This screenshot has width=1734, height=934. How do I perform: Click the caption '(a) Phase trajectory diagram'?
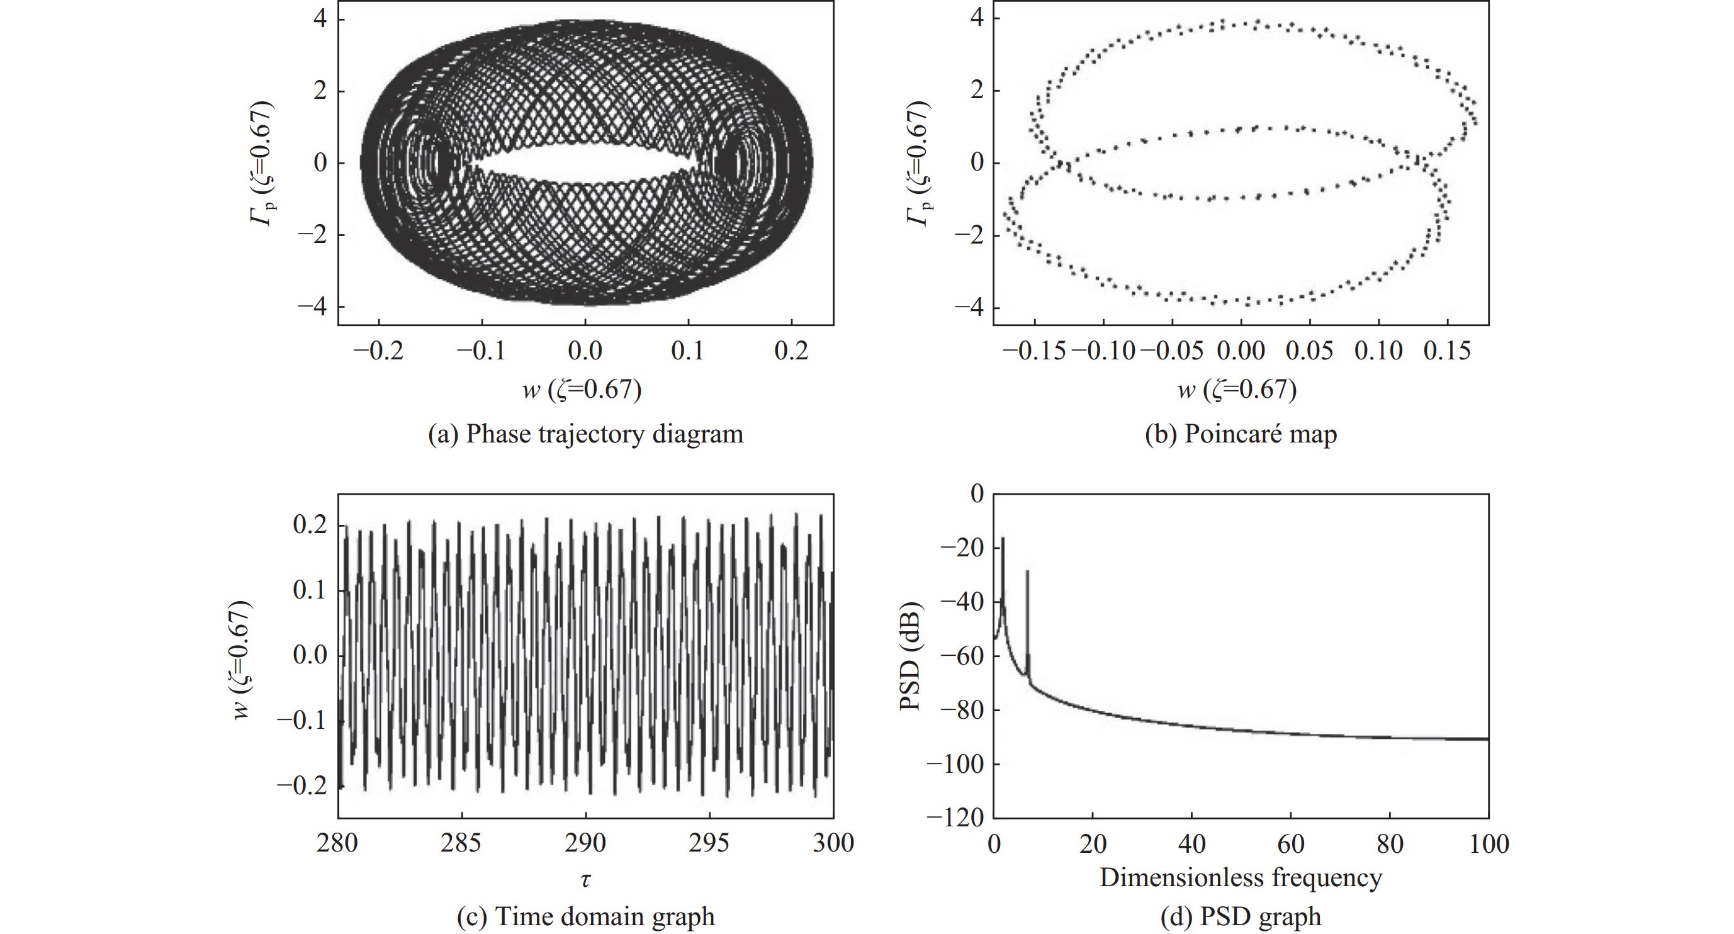585,434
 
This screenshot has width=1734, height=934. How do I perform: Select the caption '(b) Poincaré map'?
1241,434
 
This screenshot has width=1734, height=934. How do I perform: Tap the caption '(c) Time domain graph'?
585,916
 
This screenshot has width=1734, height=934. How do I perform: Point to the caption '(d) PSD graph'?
1241,916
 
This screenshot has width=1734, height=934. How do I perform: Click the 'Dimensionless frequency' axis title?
1241,877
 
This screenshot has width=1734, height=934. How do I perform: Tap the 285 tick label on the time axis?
462,843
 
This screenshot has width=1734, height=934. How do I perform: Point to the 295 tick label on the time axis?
709,843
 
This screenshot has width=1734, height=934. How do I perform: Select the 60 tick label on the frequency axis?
1290,843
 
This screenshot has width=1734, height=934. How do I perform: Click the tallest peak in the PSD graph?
1003,538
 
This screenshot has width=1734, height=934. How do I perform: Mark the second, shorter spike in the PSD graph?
1027,572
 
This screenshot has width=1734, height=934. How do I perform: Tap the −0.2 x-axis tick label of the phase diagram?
378,350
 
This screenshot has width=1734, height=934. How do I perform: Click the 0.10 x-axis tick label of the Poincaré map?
1378,350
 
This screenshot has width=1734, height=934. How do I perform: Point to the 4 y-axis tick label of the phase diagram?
320,19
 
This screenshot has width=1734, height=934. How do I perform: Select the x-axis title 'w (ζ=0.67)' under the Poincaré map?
1241,390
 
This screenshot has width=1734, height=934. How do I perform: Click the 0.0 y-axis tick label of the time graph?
310,655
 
